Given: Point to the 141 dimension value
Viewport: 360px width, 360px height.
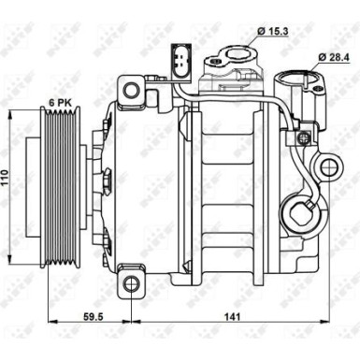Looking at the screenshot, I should click(230, 316).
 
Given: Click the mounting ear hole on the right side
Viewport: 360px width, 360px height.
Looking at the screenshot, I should click(327, 168).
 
